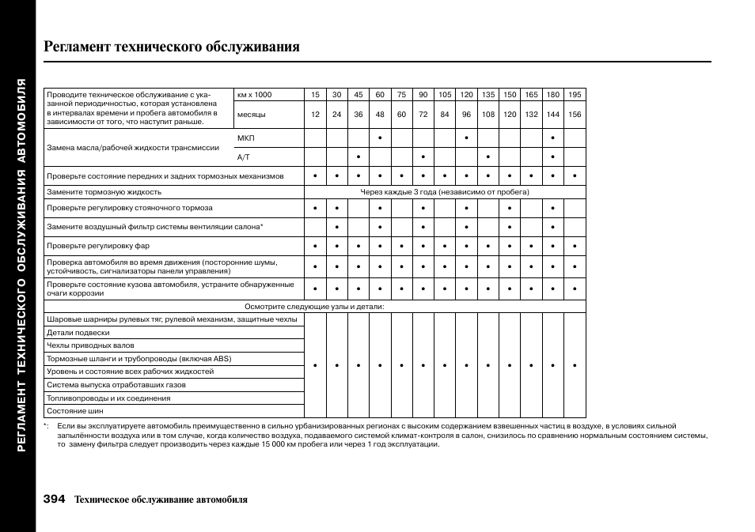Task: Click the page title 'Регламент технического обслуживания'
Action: click(x=173, y=47)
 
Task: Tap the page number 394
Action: click(x=55, y=499)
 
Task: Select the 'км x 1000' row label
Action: click(x=254, y=95)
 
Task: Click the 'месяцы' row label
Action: click(x=252, y=115)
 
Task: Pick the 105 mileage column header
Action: click(x=445, y=95)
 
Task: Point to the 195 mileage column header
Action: click(x=575, y=95)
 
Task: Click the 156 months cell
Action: click(x=575, y=115)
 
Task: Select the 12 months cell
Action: click(x=315, y=115)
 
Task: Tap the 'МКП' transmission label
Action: click(x=246, y=138)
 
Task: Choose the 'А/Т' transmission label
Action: click(x=244, y=157)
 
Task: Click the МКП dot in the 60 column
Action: click(x=380, y=138)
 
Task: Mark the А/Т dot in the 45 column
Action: click(x=359, y=157)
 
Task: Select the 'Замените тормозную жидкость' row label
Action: click(x=104, y=192)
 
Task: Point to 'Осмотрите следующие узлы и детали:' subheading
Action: click(x=314, y=307)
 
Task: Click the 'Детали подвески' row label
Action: click(x=78, y=333)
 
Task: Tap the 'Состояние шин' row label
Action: click(x=75, y=411)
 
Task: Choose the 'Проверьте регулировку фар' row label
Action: click(x=98, y=246)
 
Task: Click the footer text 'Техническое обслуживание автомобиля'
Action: click(x=161, y=500)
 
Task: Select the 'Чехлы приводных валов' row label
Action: click(x=90, y=345)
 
